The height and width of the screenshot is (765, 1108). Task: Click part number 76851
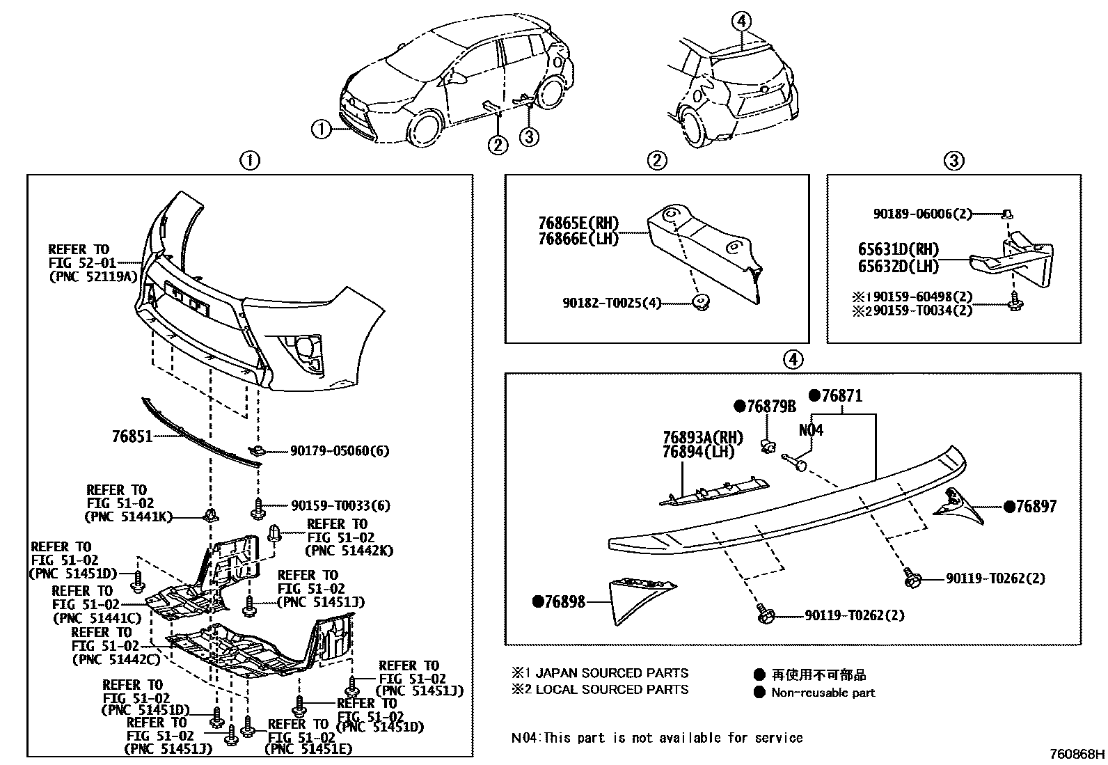coord(132,437)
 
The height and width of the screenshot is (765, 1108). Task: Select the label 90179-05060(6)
coord(340,451)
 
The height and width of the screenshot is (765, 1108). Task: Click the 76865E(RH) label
coord(577,223)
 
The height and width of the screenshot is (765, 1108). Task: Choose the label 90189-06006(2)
coord(922,214)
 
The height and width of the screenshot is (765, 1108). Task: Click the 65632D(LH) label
coord(898,266)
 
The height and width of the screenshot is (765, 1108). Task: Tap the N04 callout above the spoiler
coord(811,430)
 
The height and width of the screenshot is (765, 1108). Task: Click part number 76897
coord(1036,507)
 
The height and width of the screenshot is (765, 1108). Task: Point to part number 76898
coord(564,602)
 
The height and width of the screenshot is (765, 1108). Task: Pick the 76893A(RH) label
coord(702,438)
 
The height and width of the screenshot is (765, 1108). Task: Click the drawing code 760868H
coord(1077,754)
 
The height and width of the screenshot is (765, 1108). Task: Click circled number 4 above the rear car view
coord(742,22)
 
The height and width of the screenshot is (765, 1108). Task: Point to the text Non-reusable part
coord(823,693)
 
